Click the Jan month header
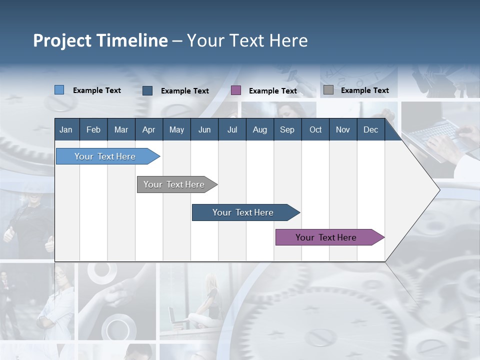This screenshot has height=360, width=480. click(66, 129)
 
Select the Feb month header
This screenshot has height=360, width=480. click(93, 129)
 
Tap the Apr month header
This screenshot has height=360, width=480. click(149, 129)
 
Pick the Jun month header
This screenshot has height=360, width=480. click(204, 129)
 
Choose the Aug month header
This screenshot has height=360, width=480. click(260, 129)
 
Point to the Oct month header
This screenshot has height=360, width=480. click(315, 129)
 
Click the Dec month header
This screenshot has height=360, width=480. click(371, 129)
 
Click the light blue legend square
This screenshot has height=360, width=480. click(59, 90)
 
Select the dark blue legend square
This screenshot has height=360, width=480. click(147, 90)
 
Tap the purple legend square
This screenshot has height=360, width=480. click(236, 90)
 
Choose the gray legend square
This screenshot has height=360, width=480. click(328, 90)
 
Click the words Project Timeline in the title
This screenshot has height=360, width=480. click(100, 40)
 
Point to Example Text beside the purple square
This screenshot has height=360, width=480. click(273, 91)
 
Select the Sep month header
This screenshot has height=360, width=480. click(287, 129)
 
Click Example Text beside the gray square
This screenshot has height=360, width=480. click(365, 90)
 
